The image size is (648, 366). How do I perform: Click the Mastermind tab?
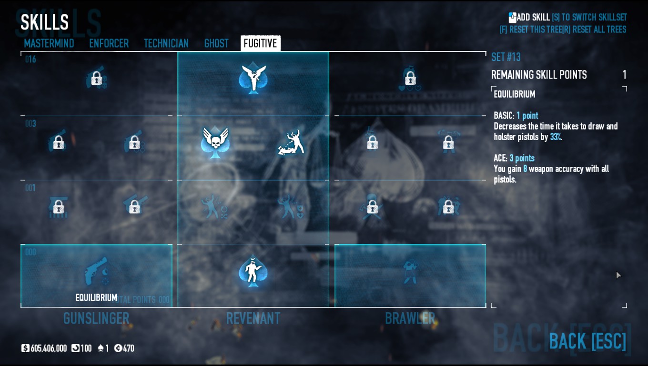pyautogui.click(x=49, y=43)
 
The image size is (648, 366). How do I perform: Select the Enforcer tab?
pyautogui.click(x=109, y=43)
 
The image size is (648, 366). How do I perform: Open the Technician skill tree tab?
pyautogui.click(x=166, y=43)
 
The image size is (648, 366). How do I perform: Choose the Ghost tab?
pyautogui.click(x=216, y=43)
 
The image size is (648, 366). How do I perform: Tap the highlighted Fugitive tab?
pyautogui.click(x=260, y=43)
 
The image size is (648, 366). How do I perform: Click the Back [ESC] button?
pyautogui.click(x=587, y=341)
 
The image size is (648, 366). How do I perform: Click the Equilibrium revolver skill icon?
pyautogui.click(x=97, y=272)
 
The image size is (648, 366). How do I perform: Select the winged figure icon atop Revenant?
pyautogui.click(x=253, y=78)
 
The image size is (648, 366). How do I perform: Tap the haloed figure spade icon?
pyautogui.click(x=253, y=272)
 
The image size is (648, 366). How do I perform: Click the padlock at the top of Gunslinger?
pyautogui.click(x=97, y=78)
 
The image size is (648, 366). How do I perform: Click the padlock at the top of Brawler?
pyautogui.click(x=410, y=78)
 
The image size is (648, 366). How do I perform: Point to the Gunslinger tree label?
pyautogui.click(x=96, y=318)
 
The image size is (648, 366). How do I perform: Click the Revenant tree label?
pyautogui.click(x=253, y=318)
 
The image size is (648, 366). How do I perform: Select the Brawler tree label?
pyautogui.click(x=410, y=318)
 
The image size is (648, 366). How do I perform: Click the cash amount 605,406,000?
pyautogui.click(x=48, y=348)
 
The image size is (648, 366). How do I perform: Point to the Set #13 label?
pyautogui.click(x=506, y=57)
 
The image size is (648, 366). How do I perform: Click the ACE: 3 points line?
pyautogui.click(x=514, y=158)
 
